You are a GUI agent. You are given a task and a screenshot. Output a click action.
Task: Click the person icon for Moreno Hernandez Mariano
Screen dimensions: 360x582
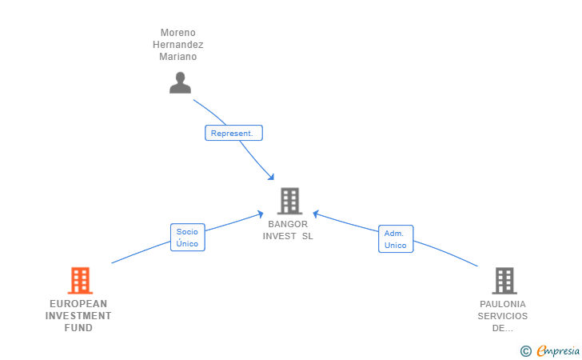(x=180, y=82)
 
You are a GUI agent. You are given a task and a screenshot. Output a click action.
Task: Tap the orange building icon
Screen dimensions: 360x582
(x=80, y=281)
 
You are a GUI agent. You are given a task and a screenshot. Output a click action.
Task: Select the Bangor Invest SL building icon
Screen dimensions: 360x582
(x=289, y=201)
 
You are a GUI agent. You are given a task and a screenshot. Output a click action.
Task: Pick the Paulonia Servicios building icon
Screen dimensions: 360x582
(x=504, y=281)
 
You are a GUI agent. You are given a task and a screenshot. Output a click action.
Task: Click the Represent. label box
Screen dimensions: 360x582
(x=233, y=134)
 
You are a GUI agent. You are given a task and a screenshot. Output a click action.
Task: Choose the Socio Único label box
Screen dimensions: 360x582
(x=187, y=238)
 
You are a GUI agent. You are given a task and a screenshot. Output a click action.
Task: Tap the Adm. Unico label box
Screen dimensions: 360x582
(x=395, y=239)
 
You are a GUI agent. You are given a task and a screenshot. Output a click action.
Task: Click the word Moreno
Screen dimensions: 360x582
(x=177, y=33)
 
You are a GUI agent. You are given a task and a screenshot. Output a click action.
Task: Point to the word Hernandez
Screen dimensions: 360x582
(x=177, y=45)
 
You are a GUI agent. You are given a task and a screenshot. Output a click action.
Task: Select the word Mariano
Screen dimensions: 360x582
(x=177, y=57)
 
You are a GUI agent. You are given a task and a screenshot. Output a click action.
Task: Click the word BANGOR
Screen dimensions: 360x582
(x=288, y=225)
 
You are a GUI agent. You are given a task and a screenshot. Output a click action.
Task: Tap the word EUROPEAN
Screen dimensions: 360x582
(x=78, y=304)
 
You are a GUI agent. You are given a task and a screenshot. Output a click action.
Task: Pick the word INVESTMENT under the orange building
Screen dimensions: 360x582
(x=78, y=316)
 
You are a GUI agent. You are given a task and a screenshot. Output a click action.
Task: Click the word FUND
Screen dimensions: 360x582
(x=78, y=328)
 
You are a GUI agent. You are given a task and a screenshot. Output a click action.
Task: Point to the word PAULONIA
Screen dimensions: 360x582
(x=503, y=304)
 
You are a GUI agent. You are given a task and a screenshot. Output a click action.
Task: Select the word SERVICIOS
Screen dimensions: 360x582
(x=503, y=316)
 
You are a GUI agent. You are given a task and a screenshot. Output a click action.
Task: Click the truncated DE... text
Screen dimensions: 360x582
(x=503, y=328)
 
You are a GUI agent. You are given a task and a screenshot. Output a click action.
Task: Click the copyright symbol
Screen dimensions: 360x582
(x=526, y=350)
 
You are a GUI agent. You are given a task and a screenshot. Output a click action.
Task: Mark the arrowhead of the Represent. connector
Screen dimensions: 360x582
(x=272, y=177)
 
